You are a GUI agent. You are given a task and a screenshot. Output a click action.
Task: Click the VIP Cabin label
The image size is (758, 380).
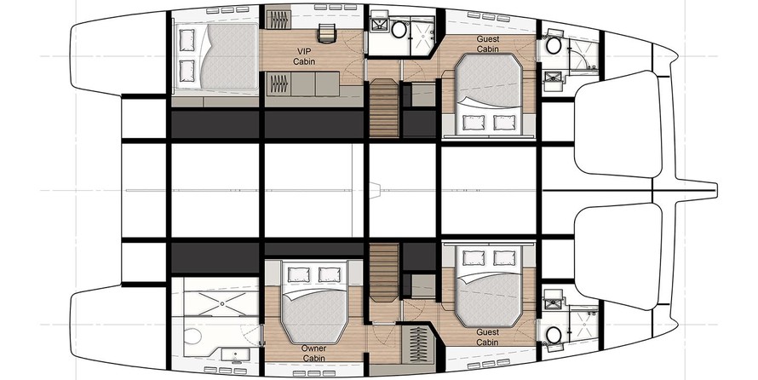[304, 56]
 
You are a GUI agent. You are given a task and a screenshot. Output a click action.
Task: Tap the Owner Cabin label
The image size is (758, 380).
[313, 353]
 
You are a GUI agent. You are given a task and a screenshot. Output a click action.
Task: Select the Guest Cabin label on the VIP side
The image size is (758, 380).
[488, 43]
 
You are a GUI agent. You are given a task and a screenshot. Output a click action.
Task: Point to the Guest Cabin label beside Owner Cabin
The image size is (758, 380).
[487, 337]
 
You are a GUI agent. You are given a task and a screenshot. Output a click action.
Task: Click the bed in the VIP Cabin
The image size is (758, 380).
[215, 57]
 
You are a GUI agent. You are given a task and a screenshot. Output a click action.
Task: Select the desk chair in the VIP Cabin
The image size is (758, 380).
[326, 33]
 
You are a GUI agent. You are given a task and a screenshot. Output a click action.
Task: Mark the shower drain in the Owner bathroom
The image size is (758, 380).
[222, 303]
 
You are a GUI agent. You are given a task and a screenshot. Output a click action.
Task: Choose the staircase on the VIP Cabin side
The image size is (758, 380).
[384, 107]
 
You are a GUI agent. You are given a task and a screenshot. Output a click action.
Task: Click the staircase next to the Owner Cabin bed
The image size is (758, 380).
[384, 273]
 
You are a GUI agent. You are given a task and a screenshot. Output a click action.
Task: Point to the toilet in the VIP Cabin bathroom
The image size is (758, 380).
[399, 30]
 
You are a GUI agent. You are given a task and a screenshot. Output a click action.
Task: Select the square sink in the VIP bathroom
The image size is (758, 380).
[376, 25]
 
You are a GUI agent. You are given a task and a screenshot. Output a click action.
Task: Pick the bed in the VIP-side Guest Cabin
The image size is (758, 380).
[489, 93]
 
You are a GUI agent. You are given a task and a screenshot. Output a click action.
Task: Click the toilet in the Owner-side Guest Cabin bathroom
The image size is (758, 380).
[553, 334]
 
